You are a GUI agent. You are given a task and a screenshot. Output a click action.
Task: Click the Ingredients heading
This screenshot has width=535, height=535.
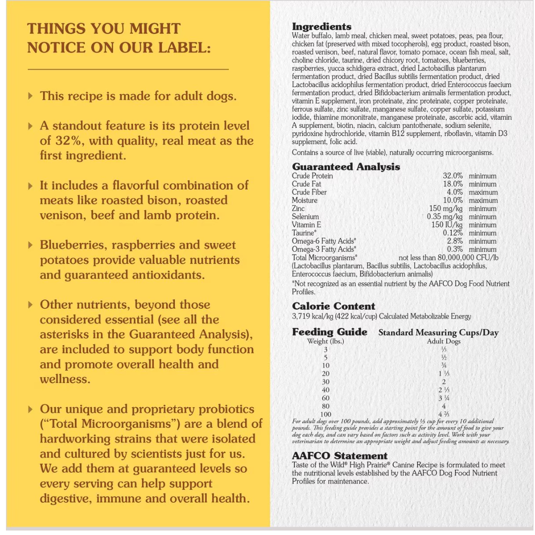pyautogui.click(x=321, y=27)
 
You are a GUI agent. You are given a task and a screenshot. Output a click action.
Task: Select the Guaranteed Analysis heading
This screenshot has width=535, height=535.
pyautogui.click(x=346, y=167)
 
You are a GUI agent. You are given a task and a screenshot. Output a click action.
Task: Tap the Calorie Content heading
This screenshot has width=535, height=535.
pyautogui.click(x=333, y=306)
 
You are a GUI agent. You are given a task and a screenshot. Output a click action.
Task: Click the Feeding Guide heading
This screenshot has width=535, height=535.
pyautogui.click(x=329, y=332)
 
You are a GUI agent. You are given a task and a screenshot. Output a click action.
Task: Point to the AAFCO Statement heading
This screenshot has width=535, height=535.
pyautogui.click(x=339, y=456)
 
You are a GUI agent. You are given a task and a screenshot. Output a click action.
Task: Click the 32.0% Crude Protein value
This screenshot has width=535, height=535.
pyautogui.click(x=452, y=176)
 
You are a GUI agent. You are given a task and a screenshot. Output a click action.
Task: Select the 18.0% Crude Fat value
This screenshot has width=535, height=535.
pyautogui.click(x=452, y=184)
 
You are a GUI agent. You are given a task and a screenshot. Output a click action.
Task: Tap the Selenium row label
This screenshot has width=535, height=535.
pyautogui.click(x=305, y=216)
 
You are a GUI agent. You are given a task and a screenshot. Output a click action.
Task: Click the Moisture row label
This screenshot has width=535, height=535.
pyautogui.click(x=305, y=200)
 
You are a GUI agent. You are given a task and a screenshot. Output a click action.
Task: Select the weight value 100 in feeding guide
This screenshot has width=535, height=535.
pyautogui.click(x=325, y=414)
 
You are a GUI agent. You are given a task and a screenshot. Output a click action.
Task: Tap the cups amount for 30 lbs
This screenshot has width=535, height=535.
pyautogui.click(x=443, y=382)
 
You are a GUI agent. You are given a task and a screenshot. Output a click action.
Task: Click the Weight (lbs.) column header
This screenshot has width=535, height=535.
pyautogui.click(x=325, y=341)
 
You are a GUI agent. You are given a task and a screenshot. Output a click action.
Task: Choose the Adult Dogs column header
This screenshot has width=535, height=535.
pyautogui.click(x=443, y=341)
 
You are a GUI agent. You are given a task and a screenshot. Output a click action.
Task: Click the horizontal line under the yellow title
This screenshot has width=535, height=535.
pyautogui.click(x=128, y=69)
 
